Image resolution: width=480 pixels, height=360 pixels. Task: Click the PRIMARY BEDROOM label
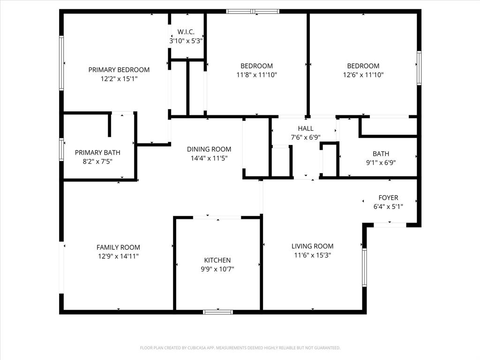(119, 70)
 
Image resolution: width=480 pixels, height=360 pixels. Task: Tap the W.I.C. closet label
(186, 32)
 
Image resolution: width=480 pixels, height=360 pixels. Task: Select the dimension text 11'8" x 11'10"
(256, 75)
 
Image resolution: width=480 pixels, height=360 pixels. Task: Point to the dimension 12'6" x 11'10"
(363, 75)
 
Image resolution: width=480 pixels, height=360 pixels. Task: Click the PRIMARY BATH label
(97, 153)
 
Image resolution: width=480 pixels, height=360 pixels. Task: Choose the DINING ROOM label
(209, 150)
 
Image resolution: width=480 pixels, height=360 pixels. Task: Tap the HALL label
(306, 128)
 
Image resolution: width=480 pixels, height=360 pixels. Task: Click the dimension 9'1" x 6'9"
(381, 162)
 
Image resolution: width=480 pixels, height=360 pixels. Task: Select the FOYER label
(388, 198)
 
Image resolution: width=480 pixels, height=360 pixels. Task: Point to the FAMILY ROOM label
(118, 247)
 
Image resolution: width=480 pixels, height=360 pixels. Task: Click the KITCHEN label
(217, 260)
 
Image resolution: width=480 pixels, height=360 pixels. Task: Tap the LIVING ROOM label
(312, 246)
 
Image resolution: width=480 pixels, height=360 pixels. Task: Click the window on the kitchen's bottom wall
(218, 312)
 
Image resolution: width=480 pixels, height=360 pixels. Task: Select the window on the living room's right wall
(364, 267)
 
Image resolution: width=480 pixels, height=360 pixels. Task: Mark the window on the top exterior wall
(253, 11)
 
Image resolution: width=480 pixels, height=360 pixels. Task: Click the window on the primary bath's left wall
(61, 150)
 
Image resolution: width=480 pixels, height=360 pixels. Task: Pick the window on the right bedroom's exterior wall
(419, 68)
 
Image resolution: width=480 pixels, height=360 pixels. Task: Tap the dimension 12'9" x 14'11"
(118, 256)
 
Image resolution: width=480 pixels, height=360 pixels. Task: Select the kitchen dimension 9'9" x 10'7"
(217, 269)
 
